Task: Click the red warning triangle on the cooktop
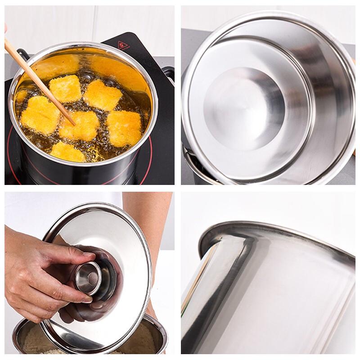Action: pos(123,45)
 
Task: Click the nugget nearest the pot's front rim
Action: pos(67,152)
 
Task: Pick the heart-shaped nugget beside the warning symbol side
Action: pos(103,94)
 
